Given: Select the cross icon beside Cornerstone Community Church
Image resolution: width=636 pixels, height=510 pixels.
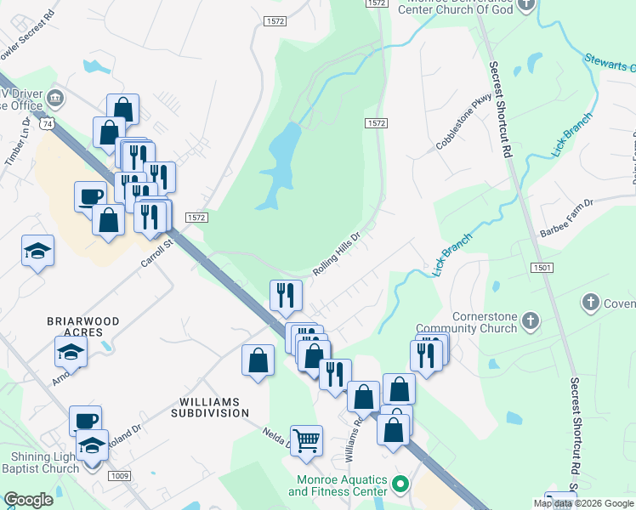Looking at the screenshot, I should point(531,320).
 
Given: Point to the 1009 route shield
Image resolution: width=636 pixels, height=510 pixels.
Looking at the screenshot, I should point(119,476).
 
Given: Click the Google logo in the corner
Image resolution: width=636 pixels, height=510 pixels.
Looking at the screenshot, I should point(28,500).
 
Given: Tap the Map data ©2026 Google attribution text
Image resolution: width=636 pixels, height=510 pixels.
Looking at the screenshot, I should point(584,503).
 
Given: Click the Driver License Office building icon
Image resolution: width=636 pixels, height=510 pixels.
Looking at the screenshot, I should point(57,98).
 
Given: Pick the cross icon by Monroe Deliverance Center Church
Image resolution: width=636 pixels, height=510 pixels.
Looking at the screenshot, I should point(526,5).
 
